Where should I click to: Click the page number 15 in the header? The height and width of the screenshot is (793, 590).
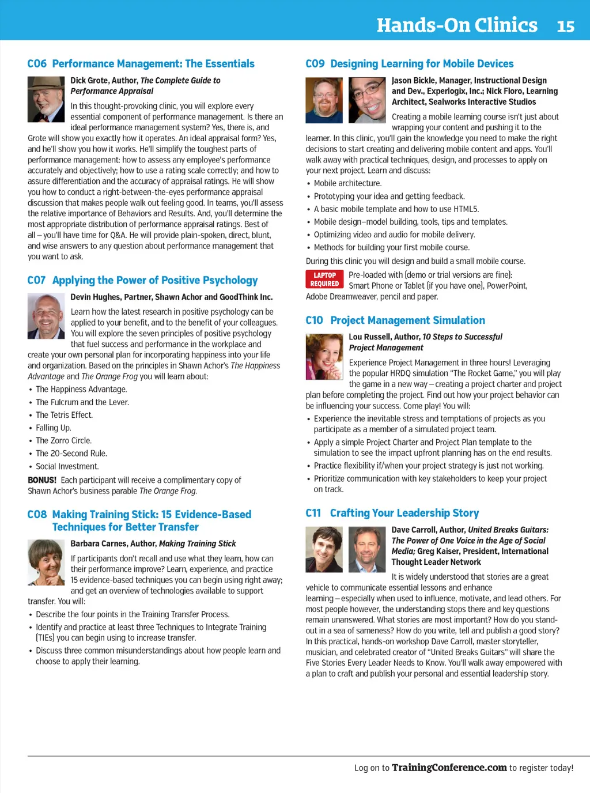(x=565, y=27)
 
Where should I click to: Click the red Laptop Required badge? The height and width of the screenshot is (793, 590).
(x=324, y=280)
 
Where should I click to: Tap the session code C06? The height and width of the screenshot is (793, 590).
(x=37, y=64)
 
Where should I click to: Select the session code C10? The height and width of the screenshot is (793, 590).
(x=314, y=320)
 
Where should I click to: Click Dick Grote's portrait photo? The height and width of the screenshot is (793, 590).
(x=46, y=100)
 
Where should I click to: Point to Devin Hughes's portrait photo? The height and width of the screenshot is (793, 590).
(x=46, y=316)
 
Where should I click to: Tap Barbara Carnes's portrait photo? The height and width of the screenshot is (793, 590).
(x=46, y=562)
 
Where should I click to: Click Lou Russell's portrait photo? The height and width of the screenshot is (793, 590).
(x=324, y=356)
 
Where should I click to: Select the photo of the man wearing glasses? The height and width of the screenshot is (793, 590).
(x=367, y=100)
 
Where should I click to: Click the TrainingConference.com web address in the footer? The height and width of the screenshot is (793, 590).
(x=449, y=768)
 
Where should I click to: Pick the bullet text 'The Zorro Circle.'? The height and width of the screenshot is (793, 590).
(x=63, y=441)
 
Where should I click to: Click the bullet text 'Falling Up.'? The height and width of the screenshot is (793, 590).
(x=54, y=428)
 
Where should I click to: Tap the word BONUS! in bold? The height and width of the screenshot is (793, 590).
(x=42, y=480)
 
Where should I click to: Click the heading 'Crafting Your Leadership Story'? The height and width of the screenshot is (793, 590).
(x=404, y=513)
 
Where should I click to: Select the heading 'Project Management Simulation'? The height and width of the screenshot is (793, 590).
(x=407, y=320)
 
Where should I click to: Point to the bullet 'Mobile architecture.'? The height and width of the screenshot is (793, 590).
(x=347, y=183)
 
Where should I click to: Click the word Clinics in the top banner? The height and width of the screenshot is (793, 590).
(x=497, y=25)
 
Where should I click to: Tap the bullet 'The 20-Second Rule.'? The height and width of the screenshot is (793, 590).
(x=71, y=454)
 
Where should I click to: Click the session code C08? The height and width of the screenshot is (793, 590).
(x=37, y=515)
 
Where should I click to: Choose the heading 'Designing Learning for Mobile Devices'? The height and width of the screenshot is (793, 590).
(x=422, y=64)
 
